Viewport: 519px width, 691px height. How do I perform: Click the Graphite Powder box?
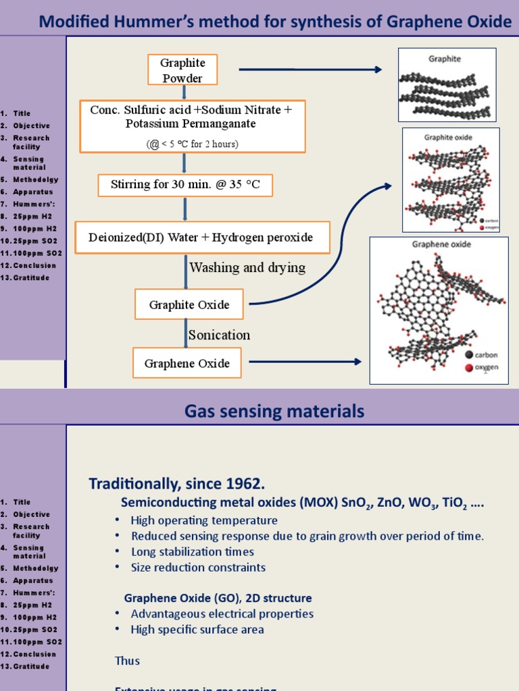tap(182, 70)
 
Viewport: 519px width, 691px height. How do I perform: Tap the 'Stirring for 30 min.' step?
tap(185, 185)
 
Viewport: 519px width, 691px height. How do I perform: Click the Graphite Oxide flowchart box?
tap(189, 305)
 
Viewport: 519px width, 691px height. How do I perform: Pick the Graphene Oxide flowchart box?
tap(187, 364)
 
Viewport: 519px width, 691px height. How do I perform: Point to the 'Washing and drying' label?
tap(247, 268)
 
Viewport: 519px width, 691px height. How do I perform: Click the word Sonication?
tap(220, 335)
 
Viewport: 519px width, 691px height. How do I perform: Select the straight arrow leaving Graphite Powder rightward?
tap(310, 70)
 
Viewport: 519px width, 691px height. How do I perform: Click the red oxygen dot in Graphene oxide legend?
tap(469, 368)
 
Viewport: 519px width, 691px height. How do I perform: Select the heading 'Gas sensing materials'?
tap(274, 411)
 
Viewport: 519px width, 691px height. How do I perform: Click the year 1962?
tap(245, 483)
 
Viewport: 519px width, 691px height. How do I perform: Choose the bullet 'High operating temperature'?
tap(204, 520)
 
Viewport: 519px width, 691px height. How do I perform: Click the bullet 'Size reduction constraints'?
tap(198, 568)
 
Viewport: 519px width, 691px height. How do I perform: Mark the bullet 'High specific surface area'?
tap(197, 630)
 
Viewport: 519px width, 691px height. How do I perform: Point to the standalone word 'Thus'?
tap(127, 661)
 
